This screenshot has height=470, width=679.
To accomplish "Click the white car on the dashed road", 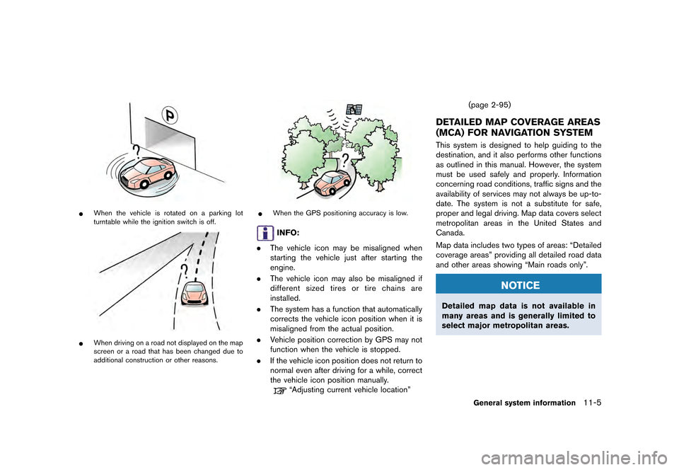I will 193,295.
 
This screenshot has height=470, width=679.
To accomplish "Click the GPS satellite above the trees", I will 354,109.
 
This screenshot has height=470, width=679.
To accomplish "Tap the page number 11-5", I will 598,402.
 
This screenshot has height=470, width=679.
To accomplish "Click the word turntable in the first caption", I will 102,223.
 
